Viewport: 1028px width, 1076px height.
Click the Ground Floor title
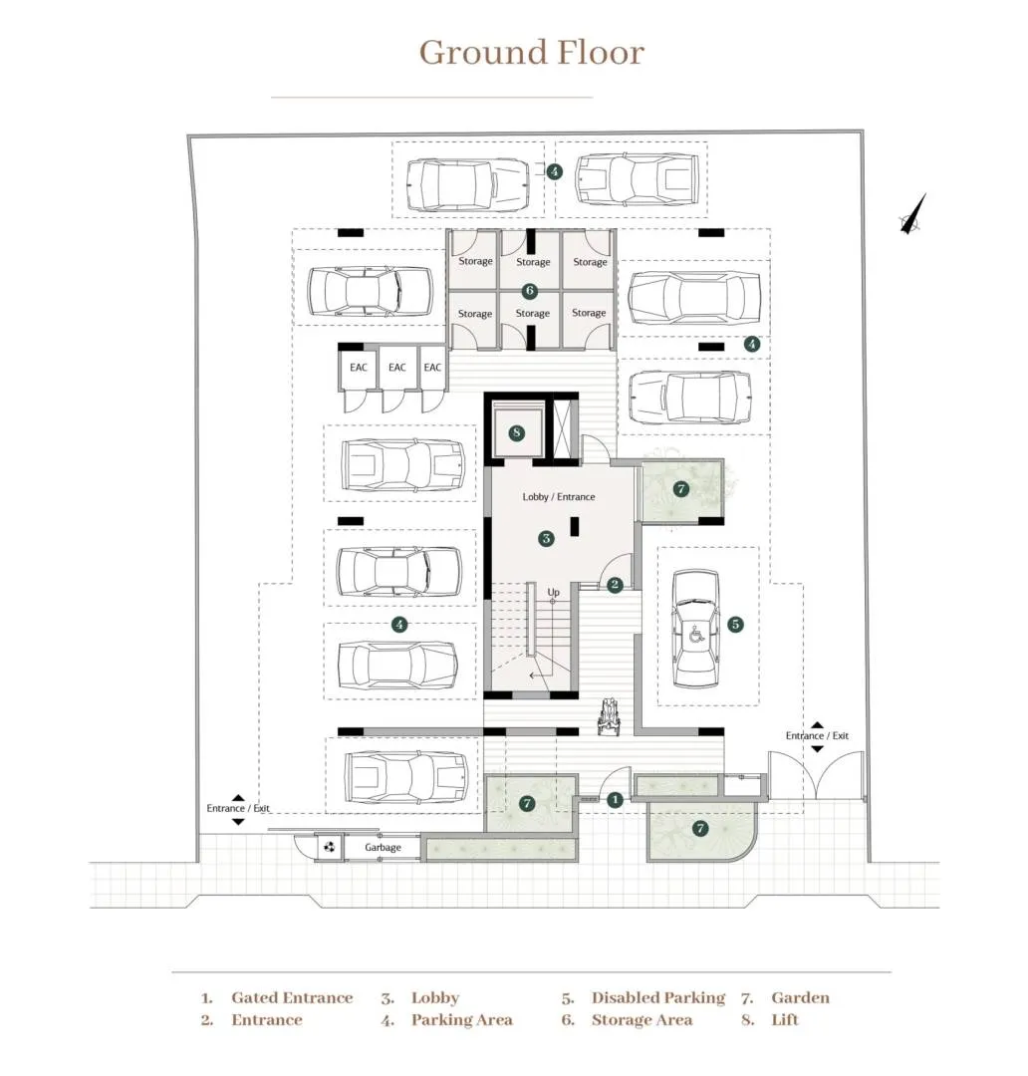pyautogui.click(x=531, y=52)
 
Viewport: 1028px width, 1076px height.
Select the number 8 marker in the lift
pyautogui.click(x=516, y=433)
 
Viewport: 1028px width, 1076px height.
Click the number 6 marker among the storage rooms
pyautogui.click(x=530, y=291)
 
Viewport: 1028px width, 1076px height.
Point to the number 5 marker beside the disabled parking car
pyautogui.click(x=735, y=625)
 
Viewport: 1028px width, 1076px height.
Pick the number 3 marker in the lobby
pyautogui.click(x=546, y=539)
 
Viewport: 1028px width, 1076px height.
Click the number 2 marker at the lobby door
pyautogui.click(x=615, y=585)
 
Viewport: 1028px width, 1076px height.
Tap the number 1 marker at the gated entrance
pyautogui.click(x=615, y=799)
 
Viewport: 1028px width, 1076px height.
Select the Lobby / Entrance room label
pyautogui.click(x=558, y=496)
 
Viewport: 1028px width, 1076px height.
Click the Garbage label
pyautogui.click(x=383, y=848)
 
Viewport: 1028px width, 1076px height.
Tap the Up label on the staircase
pyautogui.click(x=554, y=592)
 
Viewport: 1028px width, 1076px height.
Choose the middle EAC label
pyautogui.click(x=396, y=368)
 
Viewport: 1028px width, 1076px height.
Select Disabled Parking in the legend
pyautogui.click(x=658, y=998)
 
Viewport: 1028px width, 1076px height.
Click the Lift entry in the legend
pyautogui.click(x=785, y=1020)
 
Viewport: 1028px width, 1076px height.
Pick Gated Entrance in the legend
pyautogui.click(x=292, y=998)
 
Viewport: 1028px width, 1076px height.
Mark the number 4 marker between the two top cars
pyautogui.click(x=555, y=171)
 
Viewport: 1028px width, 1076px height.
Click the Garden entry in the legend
pyautogui.click(x=800, y=998)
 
